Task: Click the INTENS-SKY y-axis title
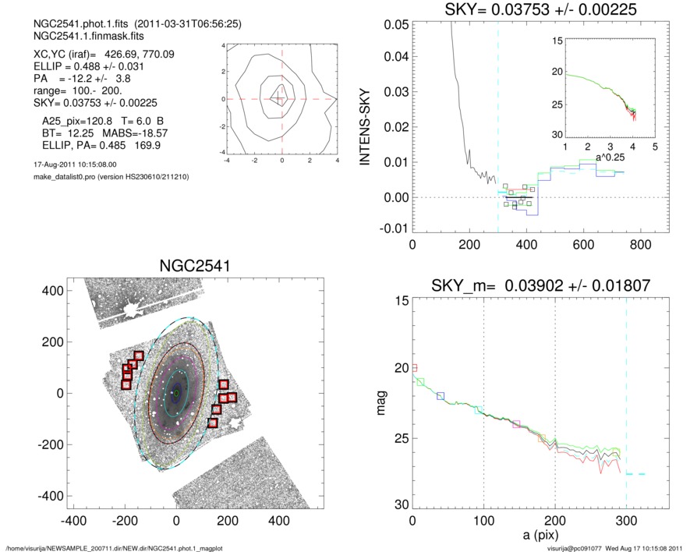[363, 126]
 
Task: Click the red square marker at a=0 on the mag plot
[414, 368]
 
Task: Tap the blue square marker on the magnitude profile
[441, 396]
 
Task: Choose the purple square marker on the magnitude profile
[516, 424]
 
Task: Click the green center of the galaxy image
[177, 393]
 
